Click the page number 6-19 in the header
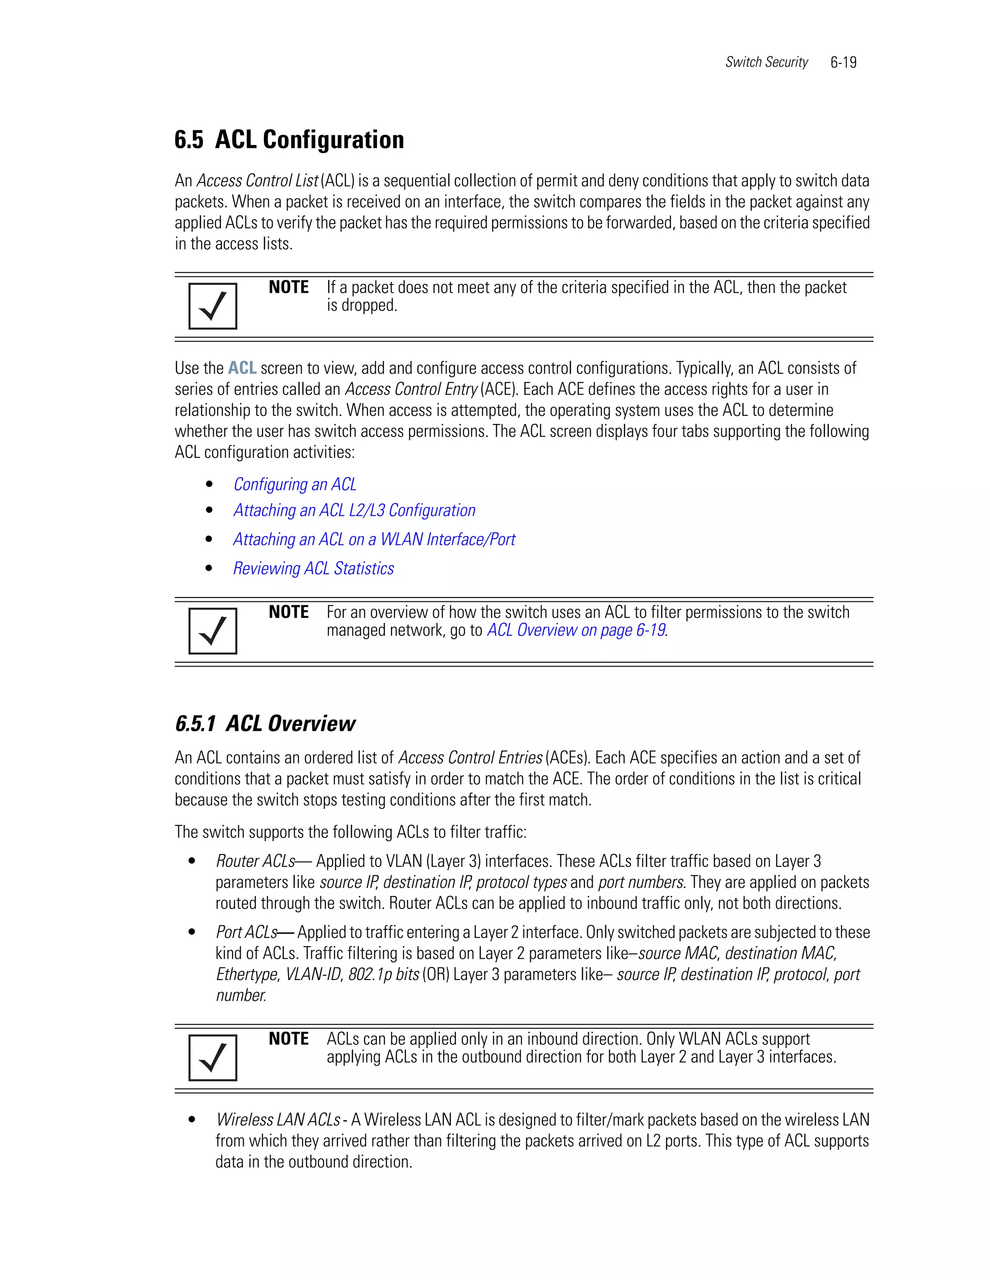pyautogui.click(x=843, y=62)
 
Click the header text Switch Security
pyautogui.click(x=766, y=62)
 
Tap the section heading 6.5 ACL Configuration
pyautogui.click(x=289, y=140)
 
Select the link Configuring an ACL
pyautogui.click(x=294, y=484)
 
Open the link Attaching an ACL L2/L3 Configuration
pyautogui.click(x=354, y=511)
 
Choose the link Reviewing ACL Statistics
pyautogui.click(x=313, y=569)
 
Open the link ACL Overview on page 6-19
pyautogui.click(x=576, y=630)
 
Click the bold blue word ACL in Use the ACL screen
pyautogui.click(x=242, y=368)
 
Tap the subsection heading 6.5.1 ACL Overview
pyautogui.click(x=265, y=724)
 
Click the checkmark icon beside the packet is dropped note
pyautogui.click(x=212, y=306)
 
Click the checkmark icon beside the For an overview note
pyautogui.click(x=212, y=631)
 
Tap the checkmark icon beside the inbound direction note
pyautogui.click(x=212, y=1057)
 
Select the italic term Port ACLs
pyautogui.click(x=247, y=932)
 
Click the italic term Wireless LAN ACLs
pyautogui.click(x=278, y=1120)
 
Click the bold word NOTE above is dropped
pyautogui.click(x=289, y=287)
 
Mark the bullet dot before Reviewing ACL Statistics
pyautogui.click(x=209, y=568)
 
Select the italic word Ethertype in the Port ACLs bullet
pyautogui.click(x=247, y=974)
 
